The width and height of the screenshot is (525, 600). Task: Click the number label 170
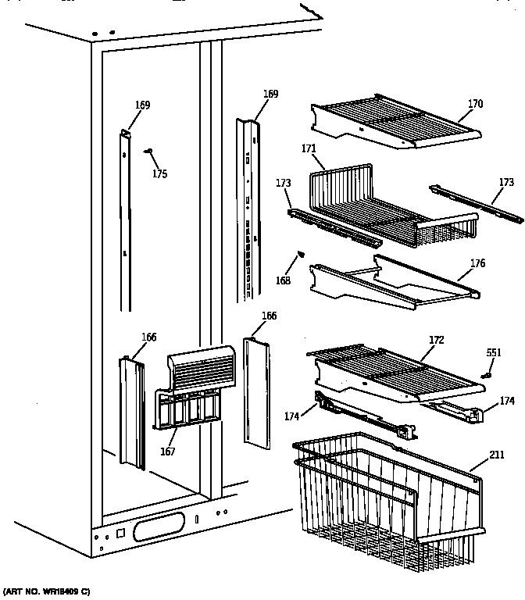[x=476, y=104]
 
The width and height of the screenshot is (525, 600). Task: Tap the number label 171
[x=309, y=148]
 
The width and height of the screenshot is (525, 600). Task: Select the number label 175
[x=159, y=174]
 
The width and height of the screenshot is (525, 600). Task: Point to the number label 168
[x=282, y=281]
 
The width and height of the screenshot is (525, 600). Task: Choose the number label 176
[x=477, y=264]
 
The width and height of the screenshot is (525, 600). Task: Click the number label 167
[x=168, y=451]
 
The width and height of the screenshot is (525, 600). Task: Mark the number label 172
[x=436, y=340]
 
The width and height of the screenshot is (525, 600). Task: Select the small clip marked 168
[x=298, y=255]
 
